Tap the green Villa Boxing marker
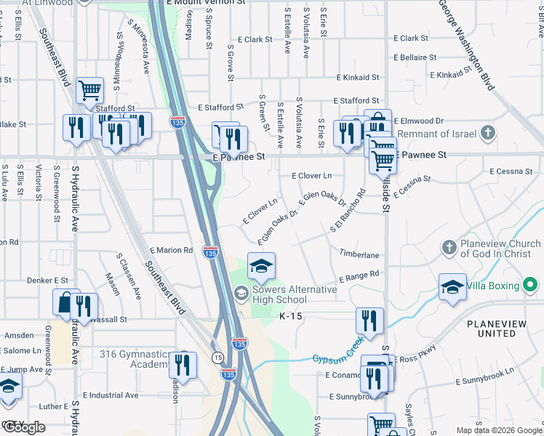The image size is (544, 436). (529, 284)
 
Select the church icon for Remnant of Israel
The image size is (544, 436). (488, 133)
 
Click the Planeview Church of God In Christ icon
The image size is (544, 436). (447, 249)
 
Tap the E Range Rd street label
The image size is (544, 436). (359, 277)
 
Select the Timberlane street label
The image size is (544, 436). (359, 255)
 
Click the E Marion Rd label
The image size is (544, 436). (172, 250)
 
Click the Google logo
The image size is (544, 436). (24, 427)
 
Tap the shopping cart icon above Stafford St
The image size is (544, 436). (90, 91)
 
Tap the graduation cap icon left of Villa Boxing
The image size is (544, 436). (452, 285)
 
